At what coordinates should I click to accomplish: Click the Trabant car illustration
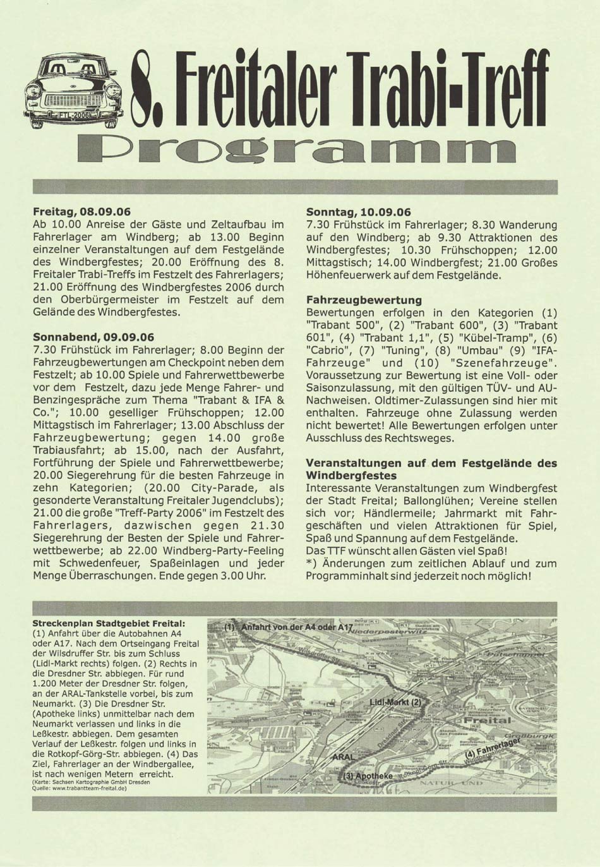click(73, 92)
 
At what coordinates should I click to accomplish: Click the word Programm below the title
click(296, 151)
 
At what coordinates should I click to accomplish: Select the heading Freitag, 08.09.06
click(81, 212)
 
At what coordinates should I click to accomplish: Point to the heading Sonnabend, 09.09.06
click(93, 337)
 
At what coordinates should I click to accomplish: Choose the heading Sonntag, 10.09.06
click(358, 212)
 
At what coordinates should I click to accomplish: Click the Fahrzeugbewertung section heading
click(363, 300)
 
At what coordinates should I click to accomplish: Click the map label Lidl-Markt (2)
click(395, 702)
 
